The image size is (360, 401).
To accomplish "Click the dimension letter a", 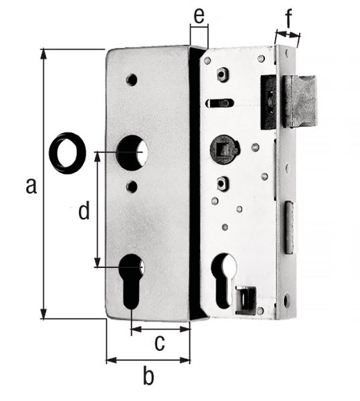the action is [31, 186].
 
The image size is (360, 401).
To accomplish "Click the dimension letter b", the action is [149, 375].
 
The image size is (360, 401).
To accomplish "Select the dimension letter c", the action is [159, 343].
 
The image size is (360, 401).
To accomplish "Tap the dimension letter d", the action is [84, 211].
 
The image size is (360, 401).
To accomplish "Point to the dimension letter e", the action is [199, 16].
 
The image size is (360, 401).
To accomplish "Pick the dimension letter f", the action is [288, 19].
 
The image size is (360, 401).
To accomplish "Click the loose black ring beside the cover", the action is [68, 153].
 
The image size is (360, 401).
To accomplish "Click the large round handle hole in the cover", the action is [132, 152].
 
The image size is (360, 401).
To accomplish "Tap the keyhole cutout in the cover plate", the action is [132, 281].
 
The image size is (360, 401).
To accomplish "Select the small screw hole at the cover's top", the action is [132, 80].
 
